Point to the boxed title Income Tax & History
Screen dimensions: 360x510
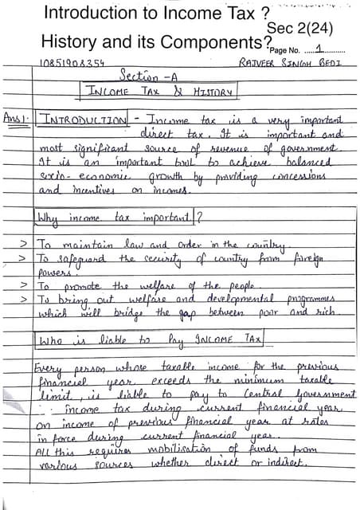(x=162, y=92)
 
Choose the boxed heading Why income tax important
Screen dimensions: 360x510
(x=117, y=216)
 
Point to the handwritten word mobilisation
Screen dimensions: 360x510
(x=187, y=447)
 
